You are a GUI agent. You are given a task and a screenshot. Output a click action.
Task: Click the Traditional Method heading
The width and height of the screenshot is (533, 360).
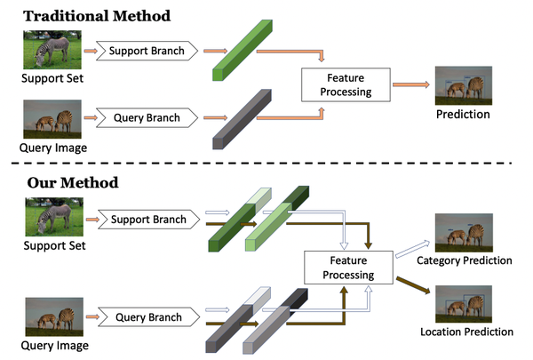98,15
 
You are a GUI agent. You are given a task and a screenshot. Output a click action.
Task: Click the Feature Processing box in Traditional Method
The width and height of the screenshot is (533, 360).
338,84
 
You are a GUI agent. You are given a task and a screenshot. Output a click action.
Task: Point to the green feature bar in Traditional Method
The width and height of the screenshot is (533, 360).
241,52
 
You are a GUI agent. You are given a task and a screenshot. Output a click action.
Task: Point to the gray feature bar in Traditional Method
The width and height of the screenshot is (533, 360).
241,118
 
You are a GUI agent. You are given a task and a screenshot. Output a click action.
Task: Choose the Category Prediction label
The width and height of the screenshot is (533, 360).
465,260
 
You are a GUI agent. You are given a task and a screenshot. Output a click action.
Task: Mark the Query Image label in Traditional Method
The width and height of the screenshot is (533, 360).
52,148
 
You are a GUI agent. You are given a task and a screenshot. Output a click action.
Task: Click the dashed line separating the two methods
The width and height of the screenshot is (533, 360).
266,163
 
